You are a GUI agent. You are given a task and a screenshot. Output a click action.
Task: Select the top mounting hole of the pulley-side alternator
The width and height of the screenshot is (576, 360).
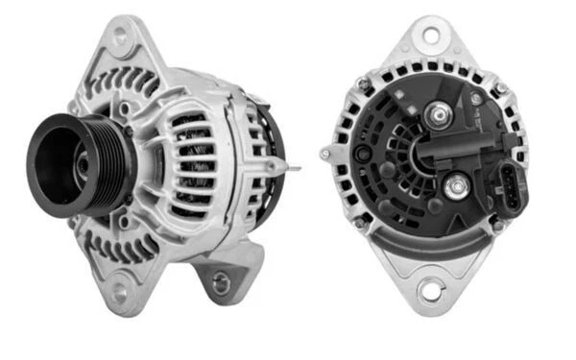pyautogui.click(x=121, y=37)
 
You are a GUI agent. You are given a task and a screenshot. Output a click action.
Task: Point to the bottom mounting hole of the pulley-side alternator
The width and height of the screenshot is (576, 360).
pyautogui.click(x=120, y=289)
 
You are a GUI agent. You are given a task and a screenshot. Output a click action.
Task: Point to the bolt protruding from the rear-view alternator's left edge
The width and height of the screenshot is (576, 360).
pyautogui.click(x=326, y=154)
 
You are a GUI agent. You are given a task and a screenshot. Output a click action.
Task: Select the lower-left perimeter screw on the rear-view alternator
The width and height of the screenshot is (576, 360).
pyautogui.click(x=359, y=223)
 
